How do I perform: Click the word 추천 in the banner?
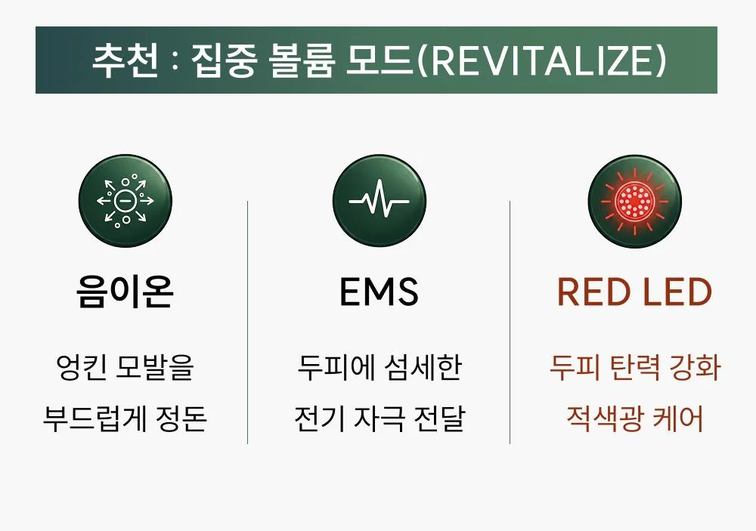[x=125, y=60]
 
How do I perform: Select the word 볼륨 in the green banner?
[x=302, y=60]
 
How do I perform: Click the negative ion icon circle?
[x=125, y=200]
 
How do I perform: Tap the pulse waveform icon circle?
[x=379, y=200]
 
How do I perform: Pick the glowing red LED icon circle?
[x=634, y=200]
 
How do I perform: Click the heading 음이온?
[x=125, y=292]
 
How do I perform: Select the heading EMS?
[x=379, y=292]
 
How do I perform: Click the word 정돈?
[x=181, y=418]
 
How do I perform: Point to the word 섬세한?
[x=423, y=367]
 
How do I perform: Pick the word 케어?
[x=677, y=418]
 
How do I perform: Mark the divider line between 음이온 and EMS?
[x=247, y=322]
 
